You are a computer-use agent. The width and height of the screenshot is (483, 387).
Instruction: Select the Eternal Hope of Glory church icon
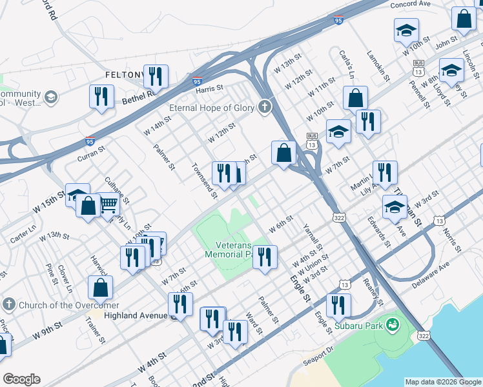[x=264, y=107]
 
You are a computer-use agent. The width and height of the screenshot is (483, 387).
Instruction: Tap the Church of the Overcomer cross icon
[x=8, y=304]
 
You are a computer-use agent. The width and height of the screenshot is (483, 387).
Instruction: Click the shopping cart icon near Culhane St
[x=108, y=206]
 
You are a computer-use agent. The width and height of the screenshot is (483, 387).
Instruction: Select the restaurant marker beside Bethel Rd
[x=101, y=97]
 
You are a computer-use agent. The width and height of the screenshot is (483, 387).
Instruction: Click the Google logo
[x=21, y=379]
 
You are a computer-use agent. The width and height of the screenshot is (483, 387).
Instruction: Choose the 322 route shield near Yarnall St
[x=339, y=218]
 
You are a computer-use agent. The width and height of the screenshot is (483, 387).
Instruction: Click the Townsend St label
[x=203, y=177]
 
